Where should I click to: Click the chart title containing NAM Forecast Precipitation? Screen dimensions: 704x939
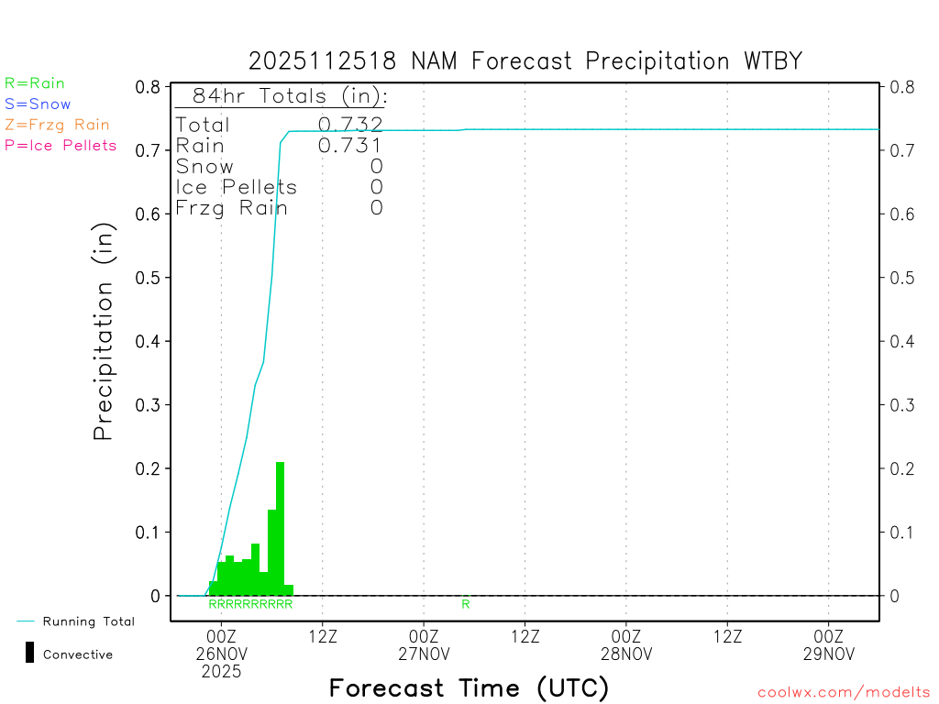525,61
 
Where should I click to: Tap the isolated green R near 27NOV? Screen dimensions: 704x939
466,604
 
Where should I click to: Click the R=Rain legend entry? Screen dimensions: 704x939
35,83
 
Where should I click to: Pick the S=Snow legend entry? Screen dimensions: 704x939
38,104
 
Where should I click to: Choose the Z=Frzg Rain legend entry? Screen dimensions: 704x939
57,125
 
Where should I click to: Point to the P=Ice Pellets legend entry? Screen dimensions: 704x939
61,145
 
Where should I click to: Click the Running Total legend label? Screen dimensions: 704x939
88,621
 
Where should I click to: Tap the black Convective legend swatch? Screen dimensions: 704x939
30,653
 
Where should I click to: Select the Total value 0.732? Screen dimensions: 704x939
350,125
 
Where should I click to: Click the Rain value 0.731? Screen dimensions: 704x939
350,146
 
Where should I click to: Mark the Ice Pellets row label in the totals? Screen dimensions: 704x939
237,187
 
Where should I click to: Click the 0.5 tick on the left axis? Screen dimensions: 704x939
149,278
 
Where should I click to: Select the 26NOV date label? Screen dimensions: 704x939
222,654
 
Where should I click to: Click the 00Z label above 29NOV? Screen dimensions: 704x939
829,636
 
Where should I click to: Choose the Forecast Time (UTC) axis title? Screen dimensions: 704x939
469,687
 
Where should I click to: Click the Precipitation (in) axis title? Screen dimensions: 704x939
104,334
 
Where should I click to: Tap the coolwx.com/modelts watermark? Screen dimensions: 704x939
844,692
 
